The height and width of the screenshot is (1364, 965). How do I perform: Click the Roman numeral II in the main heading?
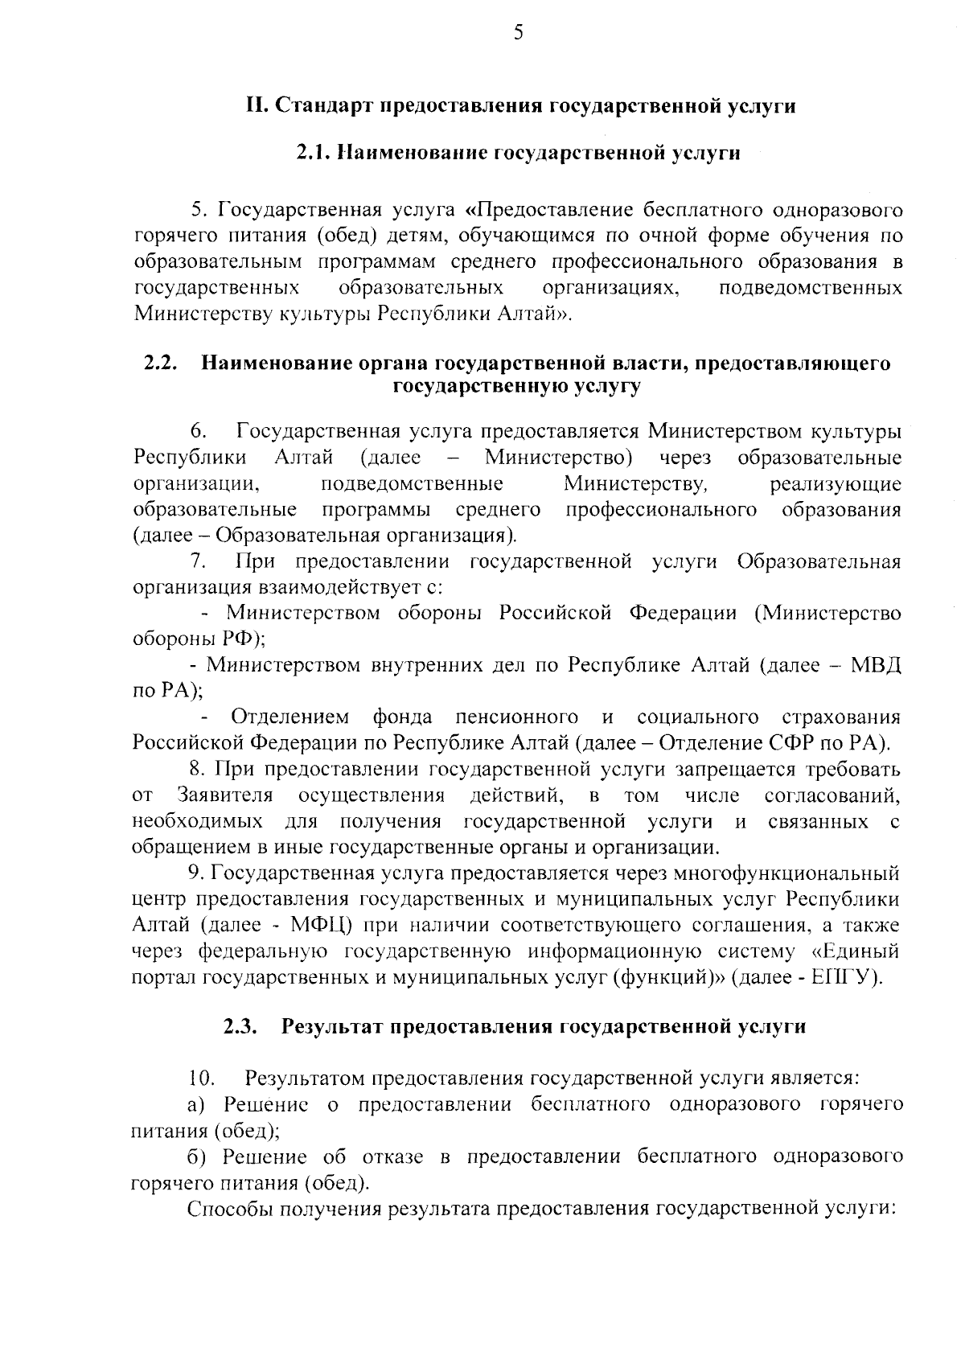(x=257, y=106)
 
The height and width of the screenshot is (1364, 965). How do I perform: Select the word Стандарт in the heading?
(x=326, y=106)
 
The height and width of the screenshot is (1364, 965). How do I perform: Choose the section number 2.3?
(x=240, y=1026)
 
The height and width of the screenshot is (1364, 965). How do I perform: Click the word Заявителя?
(x=225, y=795)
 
